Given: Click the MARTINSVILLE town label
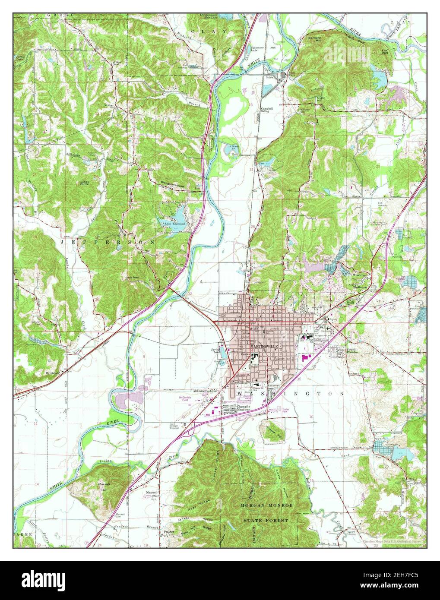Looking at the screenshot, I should tap(264, 347).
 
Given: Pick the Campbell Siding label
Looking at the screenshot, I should tap(265, 110).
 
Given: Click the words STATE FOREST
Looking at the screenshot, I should tap(265, 521).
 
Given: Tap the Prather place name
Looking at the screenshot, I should tap(168, 532).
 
